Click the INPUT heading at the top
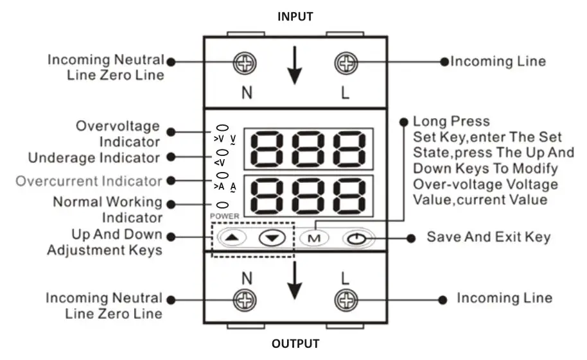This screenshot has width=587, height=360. (x=295, y=17)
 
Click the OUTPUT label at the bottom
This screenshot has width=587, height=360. (x=295, y=344)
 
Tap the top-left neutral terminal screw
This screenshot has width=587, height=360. (x=246, y=62)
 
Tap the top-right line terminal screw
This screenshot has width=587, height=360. (x=346, y=62)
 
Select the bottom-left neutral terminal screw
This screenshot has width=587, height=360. (x=246, y=300)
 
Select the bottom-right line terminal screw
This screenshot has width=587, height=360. (x=346, y=300)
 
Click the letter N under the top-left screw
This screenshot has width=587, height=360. (x=247, y=92)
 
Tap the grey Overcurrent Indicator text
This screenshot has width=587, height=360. (x=89, y=181)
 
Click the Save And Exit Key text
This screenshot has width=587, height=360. (x=488, y=237)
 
